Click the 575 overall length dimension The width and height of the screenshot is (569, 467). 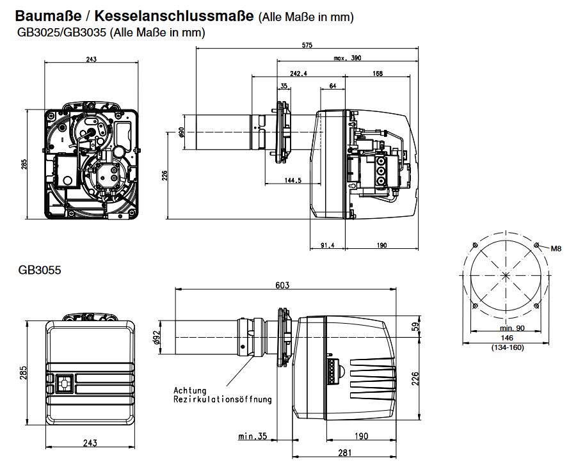[x=307, y=45]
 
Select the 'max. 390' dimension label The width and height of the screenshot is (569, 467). [x=347, y=58]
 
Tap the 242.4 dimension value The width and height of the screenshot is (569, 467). [x=298, y=74]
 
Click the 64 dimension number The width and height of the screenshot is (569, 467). [x=333, y=86]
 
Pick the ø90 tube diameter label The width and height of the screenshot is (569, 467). [x=181, y=132]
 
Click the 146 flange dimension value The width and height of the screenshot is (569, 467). [x=507, y=337]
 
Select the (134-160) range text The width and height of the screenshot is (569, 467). [x=507, y=347]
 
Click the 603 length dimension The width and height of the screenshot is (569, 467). [x=282, y=285]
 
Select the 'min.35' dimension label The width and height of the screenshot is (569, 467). [x=252, y=437]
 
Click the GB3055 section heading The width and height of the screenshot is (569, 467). [x=40, y=271]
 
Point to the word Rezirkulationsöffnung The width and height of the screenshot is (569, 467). [x=222, y=399]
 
